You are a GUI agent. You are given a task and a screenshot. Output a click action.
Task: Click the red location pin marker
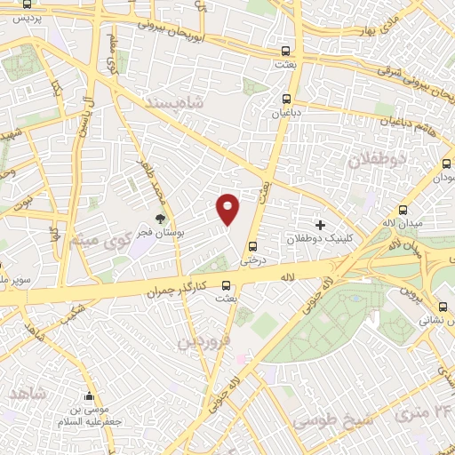228,208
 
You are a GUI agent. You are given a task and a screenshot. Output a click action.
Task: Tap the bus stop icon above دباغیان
285,99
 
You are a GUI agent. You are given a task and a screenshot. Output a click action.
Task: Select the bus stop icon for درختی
254,246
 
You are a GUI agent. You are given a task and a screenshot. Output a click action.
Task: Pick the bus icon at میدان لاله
404,212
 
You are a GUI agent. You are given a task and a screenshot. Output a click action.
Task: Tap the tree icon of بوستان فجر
161,219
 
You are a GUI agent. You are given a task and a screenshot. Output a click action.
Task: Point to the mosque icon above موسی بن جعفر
88,396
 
